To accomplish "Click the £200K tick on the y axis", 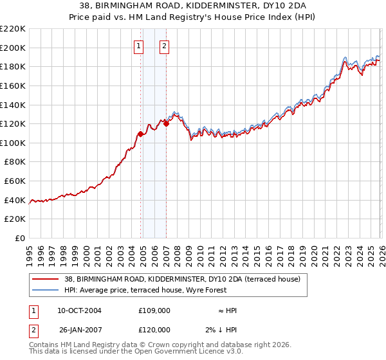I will coord(13,48).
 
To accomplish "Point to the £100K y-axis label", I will coord(13,143).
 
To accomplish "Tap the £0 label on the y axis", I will coord(20,239).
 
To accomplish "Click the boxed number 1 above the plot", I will coord(140,46).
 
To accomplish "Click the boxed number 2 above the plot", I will coord(165,46).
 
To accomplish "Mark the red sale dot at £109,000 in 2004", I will coord(140,134).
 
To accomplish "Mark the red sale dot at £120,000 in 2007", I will coord(166,123).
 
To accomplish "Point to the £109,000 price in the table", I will coord(154,310).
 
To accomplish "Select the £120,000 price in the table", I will coord(154,330).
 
